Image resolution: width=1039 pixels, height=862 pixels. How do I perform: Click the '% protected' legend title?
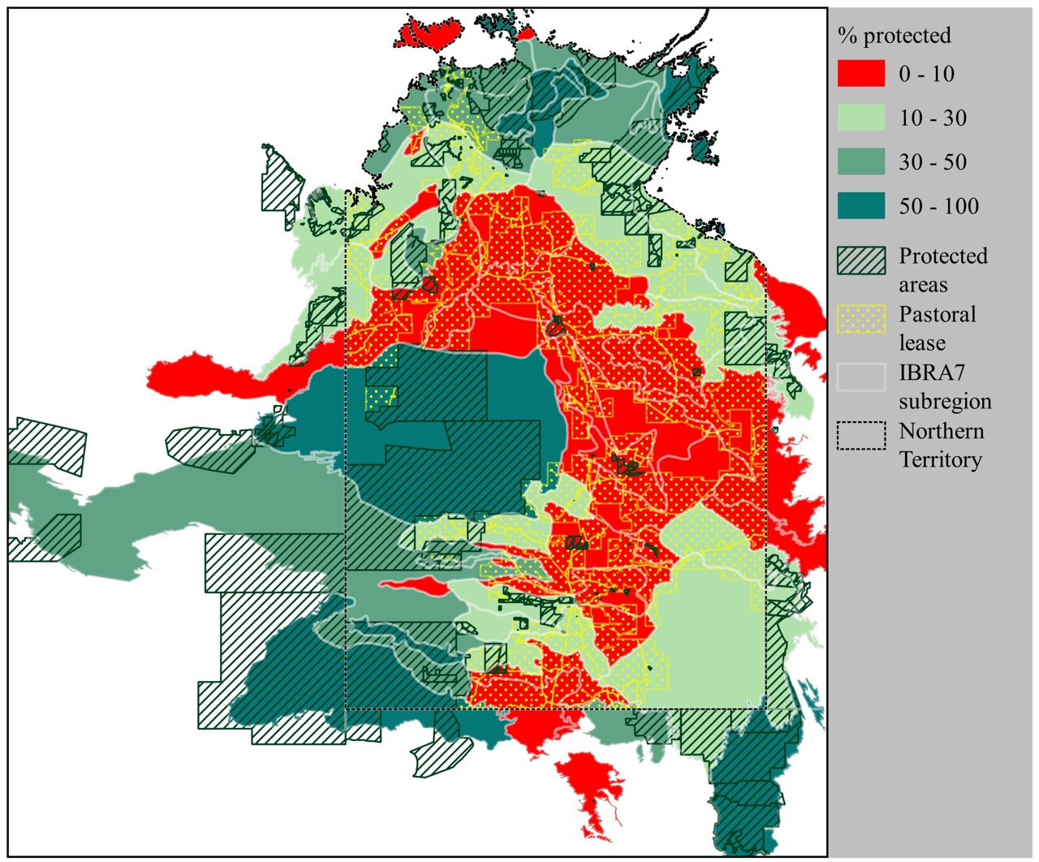[894, 36]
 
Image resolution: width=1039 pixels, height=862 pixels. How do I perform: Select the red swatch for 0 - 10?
[861, 73]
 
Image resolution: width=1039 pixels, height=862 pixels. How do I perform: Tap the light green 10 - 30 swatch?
[861, 118]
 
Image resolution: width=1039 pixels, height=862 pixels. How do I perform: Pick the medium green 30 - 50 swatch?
[861, 162]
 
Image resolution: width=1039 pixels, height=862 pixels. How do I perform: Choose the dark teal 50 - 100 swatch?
[861, 206]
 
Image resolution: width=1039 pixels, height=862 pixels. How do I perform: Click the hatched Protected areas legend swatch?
[861, 261]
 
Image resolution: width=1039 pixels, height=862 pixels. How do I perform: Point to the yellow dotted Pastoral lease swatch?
[861, 318]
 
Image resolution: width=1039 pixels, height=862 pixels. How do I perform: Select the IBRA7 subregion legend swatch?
[861, 377]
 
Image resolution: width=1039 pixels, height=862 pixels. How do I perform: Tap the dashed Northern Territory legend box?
[861, 436]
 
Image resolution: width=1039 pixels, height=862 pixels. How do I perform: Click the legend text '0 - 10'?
[926, 74]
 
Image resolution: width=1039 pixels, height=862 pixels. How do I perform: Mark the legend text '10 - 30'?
[933, 119]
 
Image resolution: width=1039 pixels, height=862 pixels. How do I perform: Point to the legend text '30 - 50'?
[933, 162]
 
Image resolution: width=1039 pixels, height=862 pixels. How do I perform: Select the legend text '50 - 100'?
[938, 207]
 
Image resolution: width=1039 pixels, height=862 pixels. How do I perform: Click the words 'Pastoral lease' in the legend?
[937, 329]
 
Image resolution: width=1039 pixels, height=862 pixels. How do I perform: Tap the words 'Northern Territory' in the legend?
[941, 446]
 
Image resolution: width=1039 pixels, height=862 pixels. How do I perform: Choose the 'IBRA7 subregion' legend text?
[944, 387]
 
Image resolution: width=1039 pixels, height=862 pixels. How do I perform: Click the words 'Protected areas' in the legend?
[942, 270]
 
